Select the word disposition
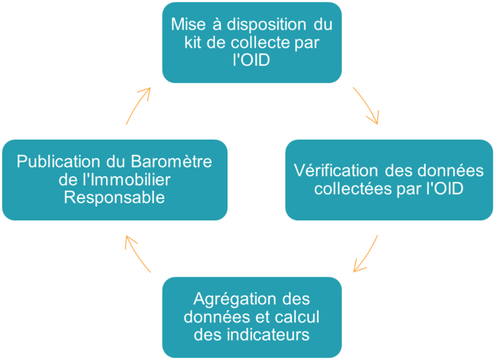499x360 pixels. pyautogui.click(x=266, y=25)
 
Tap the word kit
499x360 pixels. pyautogui.click(x=192, y=42)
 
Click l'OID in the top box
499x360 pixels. pyautogui.click(x=251, y=60)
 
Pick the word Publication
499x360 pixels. pyautogui.click(x=59, y=161)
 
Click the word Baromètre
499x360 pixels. pyautogui.click(x=172, y=161)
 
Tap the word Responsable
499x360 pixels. pyautogui.click(x=114, y=198)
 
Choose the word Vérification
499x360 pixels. pyautogui.click(x=336, y=171)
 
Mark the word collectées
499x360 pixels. pyautogui.click(x=353, y=188)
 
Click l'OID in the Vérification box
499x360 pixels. pyautogui.click(x=445, y=188)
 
